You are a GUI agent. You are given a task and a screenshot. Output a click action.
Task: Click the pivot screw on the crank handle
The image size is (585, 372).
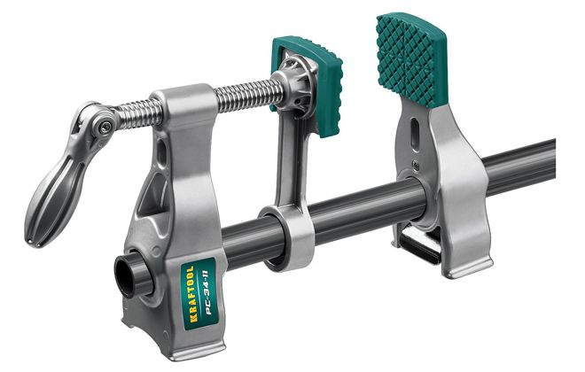[x=105, y=128]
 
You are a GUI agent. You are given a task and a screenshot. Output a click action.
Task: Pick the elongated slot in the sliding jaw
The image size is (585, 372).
[x=415, y=135]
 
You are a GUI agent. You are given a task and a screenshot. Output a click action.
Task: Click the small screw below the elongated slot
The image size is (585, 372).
[x=415, y=163]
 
